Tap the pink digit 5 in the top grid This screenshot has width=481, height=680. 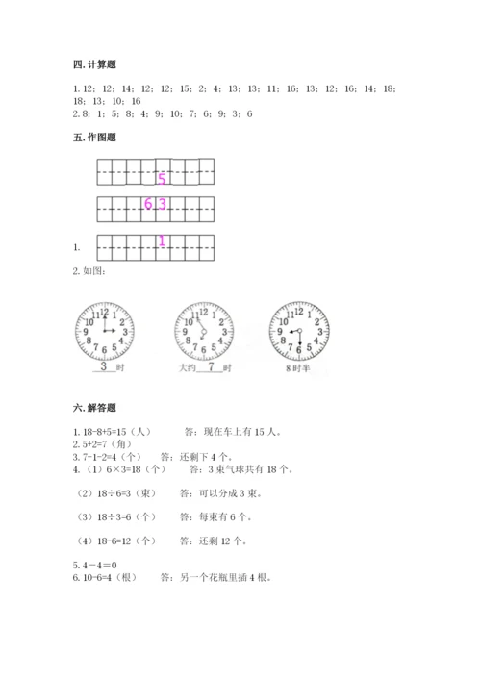(162, 179)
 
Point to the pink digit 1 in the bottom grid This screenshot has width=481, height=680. (162, 241)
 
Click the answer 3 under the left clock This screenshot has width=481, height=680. (103, 367)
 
